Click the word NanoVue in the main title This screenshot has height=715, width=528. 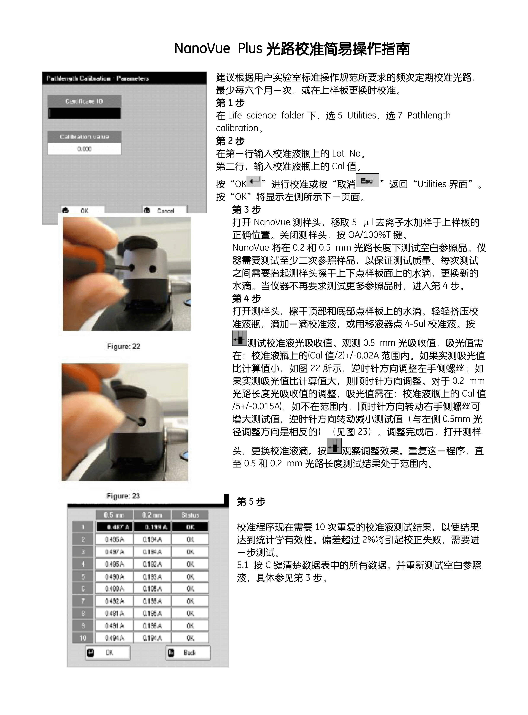pyautogui.click(x=202, y=49)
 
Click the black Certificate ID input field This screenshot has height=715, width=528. pyautogui.click(x=84, y=113)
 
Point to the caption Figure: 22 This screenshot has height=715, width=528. pyautogui.click(x=123, y=346)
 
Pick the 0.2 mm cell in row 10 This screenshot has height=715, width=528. pyautogui.click(x=152, y=638)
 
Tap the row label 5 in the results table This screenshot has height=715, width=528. pyautogui.click(x=83, y=577)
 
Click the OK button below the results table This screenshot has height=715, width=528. pyautogui.click(x=108, y=653)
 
